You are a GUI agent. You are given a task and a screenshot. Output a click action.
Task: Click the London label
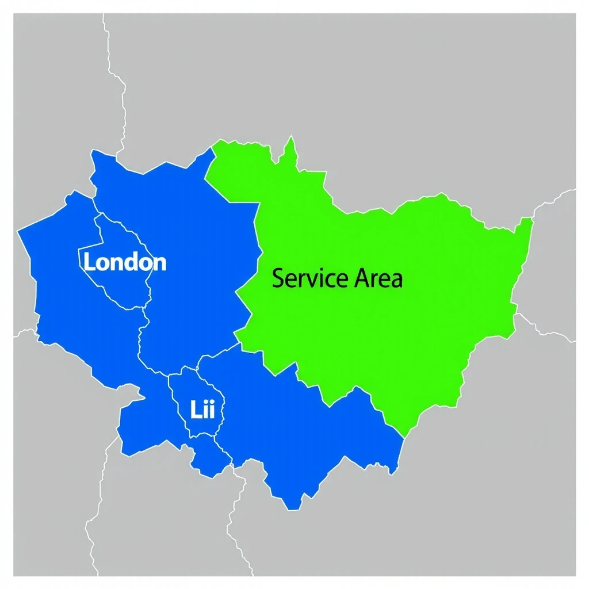[x=125, y=262]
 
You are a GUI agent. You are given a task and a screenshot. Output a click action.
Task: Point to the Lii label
[x=202, y=410]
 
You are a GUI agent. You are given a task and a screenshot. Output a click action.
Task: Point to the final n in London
[x=160, y=263]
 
